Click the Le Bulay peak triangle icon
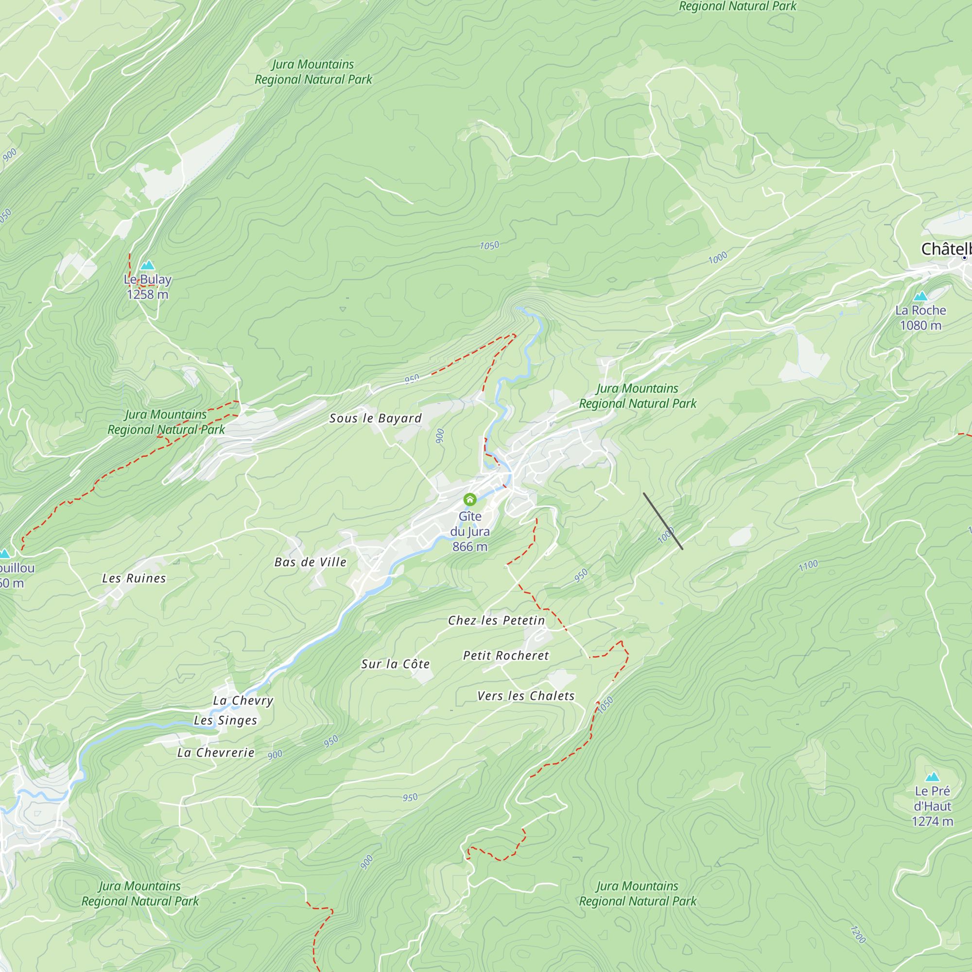pyautogui.click(x=147, y=265)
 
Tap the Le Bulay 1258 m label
pyautogui.click(x=147, y=287)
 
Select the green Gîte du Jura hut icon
pyautogui.click(x=470, y=499)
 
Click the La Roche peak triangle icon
pyautogui.click(x=920, y=296)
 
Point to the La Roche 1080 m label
pyautogui.click(x=920, y=317)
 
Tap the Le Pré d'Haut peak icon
pyautogui.click(x=932, y=776)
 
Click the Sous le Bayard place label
pyautogui.click(x=375, y=418)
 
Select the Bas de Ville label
pyautogui.click(x=311, y=562)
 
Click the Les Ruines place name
pyautogui.click(x=134, y=578)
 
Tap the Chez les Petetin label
pyautogui.click(x=497, y=620)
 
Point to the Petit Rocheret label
pyautogui.click(x=505, y=655)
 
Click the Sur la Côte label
pyautogui.click(x=396, y=663)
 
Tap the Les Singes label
pyautogui.click(x=226, y=720)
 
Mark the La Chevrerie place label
pyautogui.click(x=216, y=752)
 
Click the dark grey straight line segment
pyautogui.click(x=662, y=521)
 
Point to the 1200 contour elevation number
pyautogui.click(x=858, y=934)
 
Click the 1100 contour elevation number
pyautogui.click(x=809, y=566)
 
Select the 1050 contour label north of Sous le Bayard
pyautogui.click(x=489, y=245)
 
